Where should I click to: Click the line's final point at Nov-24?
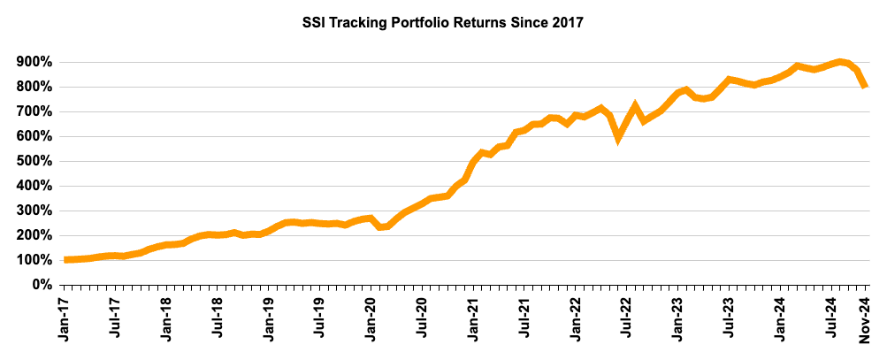865,86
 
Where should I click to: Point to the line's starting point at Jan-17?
65,259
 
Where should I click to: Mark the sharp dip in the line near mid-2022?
619,136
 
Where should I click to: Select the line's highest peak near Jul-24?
839,61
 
